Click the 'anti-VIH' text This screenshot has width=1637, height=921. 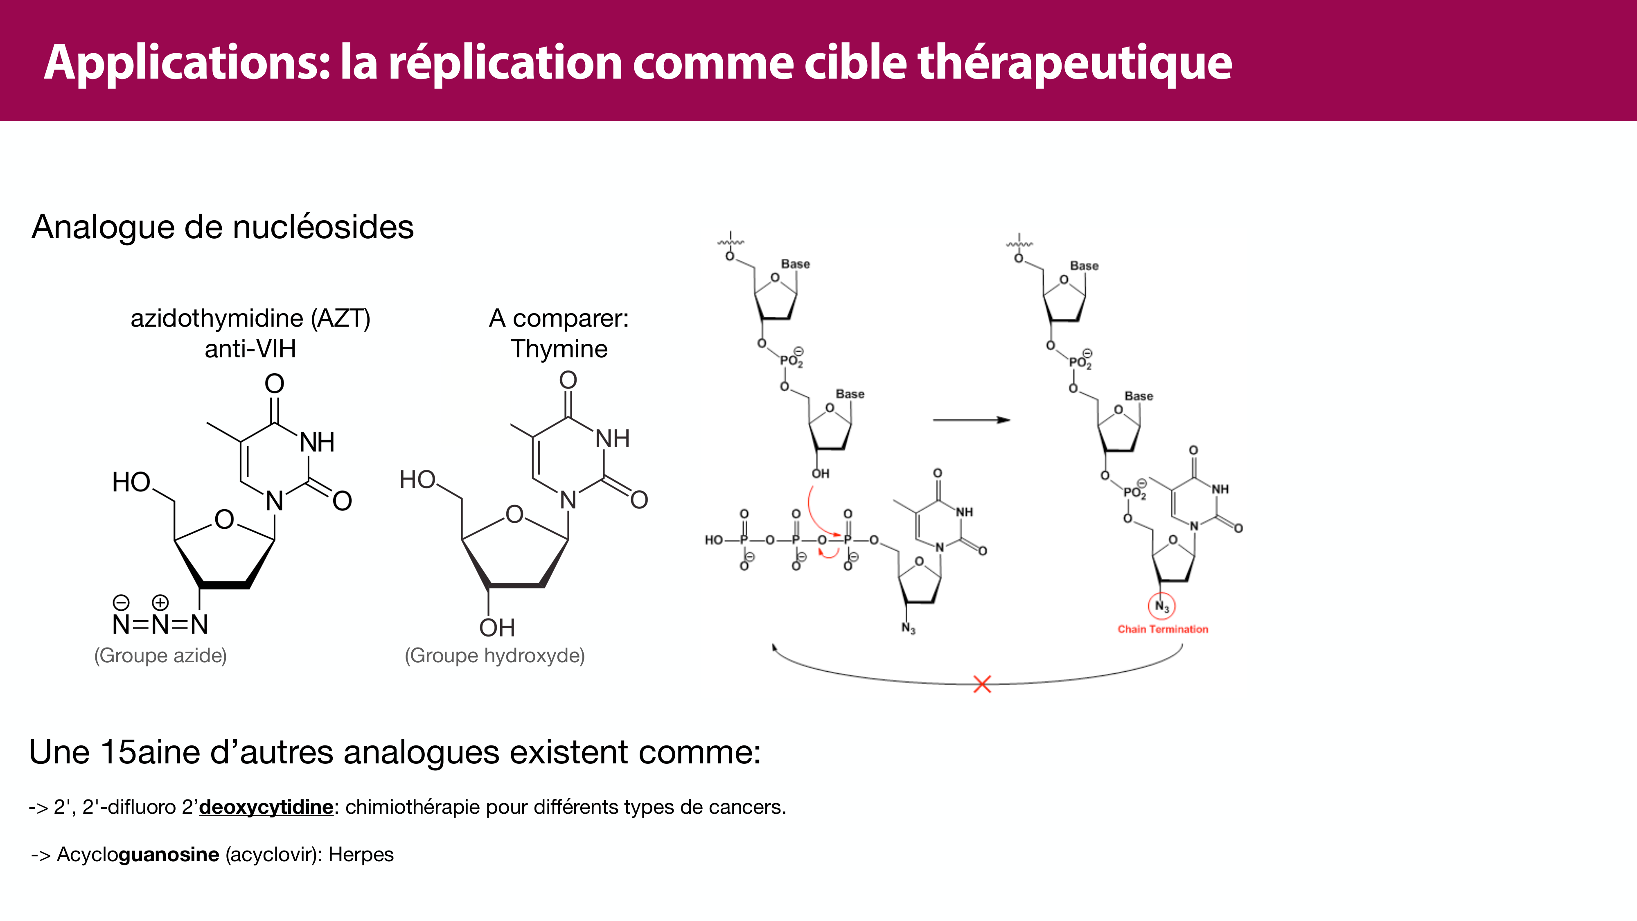click(250, 349)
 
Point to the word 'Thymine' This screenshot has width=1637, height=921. click(559, 349)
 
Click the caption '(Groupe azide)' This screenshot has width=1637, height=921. click(160, 655)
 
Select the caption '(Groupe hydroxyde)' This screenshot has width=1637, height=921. click(494, 655)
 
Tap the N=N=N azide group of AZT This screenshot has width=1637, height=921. click(160, 625)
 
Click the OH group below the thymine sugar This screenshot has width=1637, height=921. click(497, 628)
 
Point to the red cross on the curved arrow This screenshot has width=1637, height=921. click(982, 684)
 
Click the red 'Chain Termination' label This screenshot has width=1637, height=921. click(1162, 629)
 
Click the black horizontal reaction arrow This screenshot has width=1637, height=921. click(971, 420)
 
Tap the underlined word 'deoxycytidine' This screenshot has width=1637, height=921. click(266, 807)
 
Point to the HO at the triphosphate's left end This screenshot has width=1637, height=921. click(714, 540)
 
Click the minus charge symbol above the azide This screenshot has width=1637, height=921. click(121, 602)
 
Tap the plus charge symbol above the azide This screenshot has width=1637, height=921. click(160, 602)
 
